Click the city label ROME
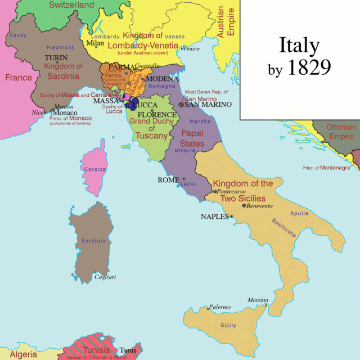pos(168,180)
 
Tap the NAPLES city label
pos(214,217)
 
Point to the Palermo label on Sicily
pos(219,307)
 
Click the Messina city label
pos(258,300)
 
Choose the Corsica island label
pos(93,169)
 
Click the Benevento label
pos(259,206)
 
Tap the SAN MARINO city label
pos(208,105)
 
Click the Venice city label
pos(191,49)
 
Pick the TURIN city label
pos(57,57)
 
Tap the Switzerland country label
pos(71,5)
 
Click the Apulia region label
pos(299,214)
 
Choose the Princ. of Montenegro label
pos(326,168)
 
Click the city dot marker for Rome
pos(183,179)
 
